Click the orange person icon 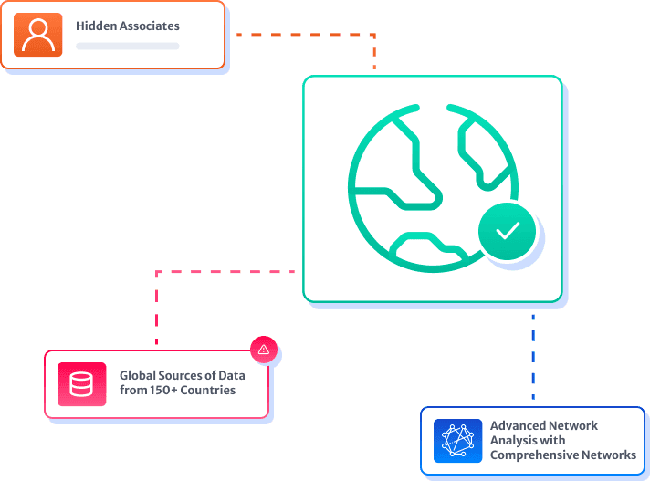[37, 35]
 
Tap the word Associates [149, 26]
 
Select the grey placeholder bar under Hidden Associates [127, 46]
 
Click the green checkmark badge [507, 231]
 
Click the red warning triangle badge [264, 350]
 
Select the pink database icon [81, 384]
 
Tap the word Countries [207, 391]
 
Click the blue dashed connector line [533, 357]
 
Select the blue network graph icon [457, 441]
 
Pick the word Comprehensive [534, 455]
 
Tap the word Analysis [511, 441]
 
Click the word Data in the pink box [232, 375]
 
